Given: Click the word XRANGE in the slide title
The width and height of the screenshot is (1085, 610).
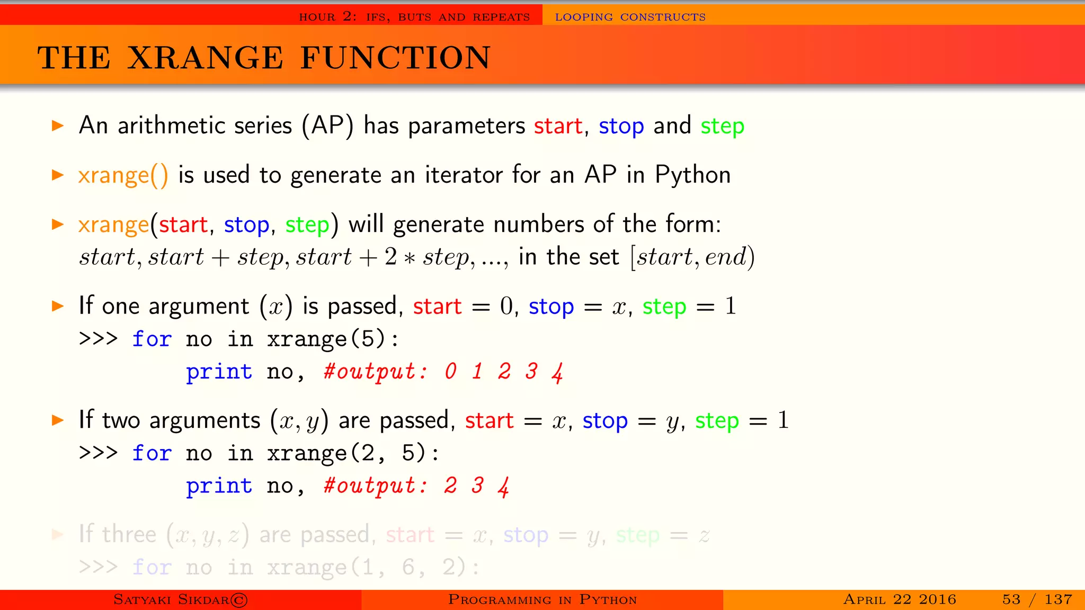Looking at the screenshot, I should [x=206, y=58].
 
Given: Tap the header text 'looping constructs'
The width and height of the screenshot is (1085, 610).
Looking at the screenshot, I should [x=630, y=17].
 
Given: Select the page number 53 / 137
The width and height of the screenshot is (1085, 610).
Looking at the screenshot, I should [x=1037, y=599].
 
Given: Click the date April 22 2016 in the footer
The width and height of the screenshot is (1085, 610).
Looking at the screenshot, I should [x=900, y=599].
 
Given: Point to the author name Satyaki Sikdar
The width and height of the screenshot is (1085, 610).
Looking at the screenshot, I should [x=180, y=599].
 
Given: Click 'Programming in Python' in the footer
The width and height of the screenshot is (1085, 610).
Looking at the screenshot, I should [x=542, y=599].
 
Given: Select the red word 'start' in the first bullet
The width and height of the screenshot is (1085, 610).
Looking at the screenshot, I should [x=558, y=126].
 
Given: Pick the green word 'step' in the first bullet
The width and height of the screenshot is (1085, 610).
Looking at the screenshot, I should [x=722, y=126].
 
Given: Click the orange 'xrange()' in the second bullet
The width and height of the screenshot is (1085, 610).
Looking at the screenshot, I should [x=123, y=175].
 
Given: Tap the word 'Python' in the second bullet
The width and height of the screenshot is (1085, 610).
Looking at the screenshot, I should [x=692, y=175].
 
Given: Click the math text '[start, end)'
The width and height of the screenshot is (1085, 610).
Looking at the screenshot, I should [x=692, y=257].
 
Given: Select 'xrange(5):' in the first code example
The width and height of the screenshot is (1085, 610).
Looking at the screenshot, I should [x=332, y=339].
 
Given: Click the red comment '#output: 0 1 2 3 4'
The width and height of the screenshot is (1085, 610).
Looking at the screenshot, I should [x=443, y=372].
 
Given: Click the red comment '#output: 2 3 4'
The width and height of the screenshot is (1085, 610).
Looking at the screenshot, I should [x=416, y=486].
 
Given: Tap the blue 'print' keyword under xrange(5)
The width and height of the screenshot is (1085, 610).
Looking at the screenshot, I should [x=219, y=372].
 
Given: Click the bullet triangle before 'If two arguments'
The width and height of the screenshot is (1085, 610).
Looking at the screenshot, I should [x=57, y=420].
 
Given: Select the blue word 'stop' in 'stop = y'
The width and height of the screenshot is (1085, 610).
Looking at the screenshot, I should [x=605, y=421].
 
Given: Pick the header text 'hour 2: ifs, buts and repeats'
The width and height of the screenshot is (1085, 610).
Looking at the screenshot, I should [x=414, y=17].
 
